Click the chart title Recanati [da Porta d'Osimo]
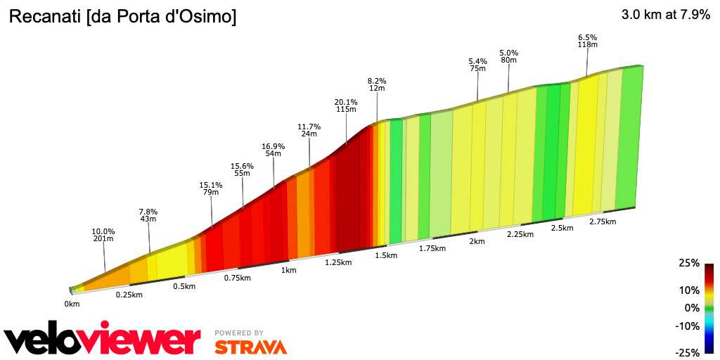[122, 17]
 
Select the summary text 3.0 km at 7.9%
[665, 15]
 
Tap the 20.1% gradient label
[346, 105]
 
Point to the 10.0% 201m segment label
[103, 236]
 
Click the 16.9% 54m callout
[274, 150]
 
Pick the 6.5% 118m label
[587, 41]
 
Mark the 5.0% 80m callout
[508, 56]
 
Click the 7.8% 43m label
[148, 215]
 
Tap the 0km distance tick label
[72, 304]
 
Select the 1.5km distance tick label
[386, 255]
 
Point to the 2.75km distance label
[602, 222]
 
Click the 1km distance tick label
[288, 270]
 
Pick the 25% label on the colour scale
[689, 263]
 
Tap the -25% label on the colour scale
[688, 352]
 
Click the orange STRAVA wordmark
[250, 347]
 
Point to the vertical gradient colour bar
[709, 308]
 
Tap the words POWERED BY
[239, 333]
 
